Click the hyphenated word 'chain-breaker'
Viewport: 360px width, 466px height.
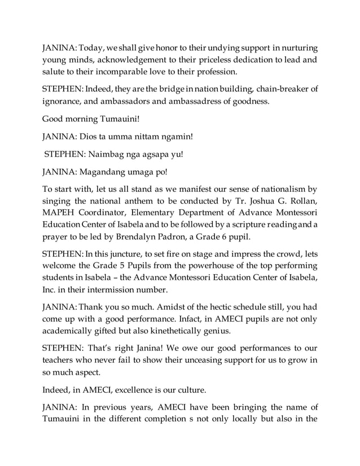point(283,90)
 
